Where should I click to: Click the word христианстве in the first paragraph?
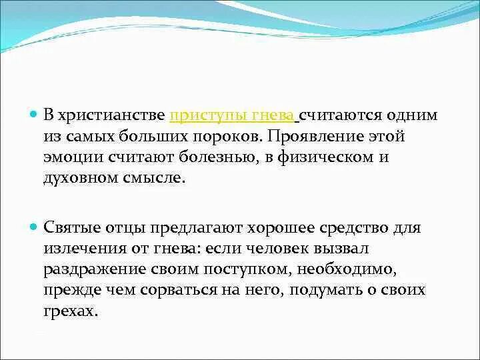(x=112, y=115)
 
